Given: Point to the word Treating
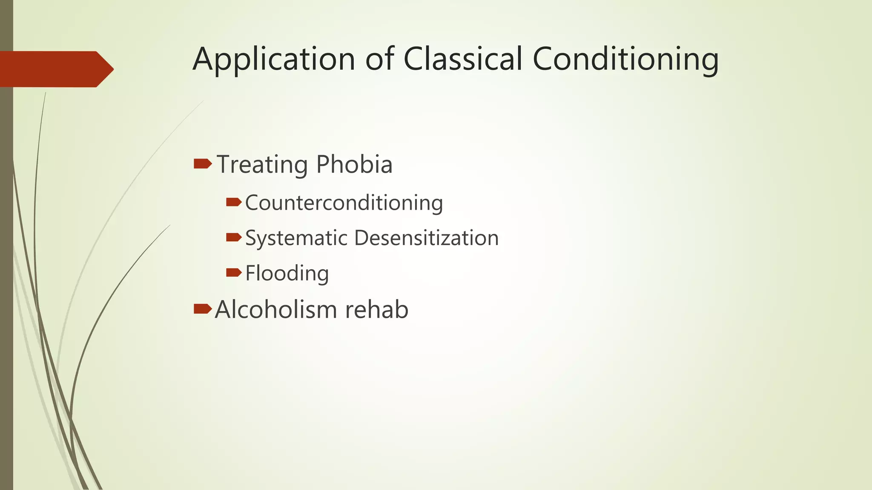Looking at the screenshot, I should [262, 165].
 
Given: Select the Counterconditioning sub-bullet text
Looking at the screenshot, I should [344, 202].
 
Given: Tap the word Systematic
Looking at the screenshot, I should [296, 238].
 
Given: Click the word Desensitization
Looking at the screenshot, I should [426, 237].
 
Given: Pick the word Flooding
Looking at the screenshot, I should [287, 273].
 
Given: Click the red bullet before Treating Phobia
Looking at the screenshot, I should [203, 163].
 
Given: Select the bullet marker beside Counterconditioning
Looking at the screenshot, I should [234, 202].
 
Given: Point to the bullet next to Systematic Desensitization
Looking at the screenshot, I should [234, 237].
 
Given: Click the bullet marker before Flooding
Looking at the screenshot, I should [234, 272].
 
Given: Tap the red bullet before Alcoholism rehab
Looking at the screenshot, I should [203, 309].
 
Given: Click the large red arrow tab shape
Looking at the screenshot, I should [55, 69].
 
